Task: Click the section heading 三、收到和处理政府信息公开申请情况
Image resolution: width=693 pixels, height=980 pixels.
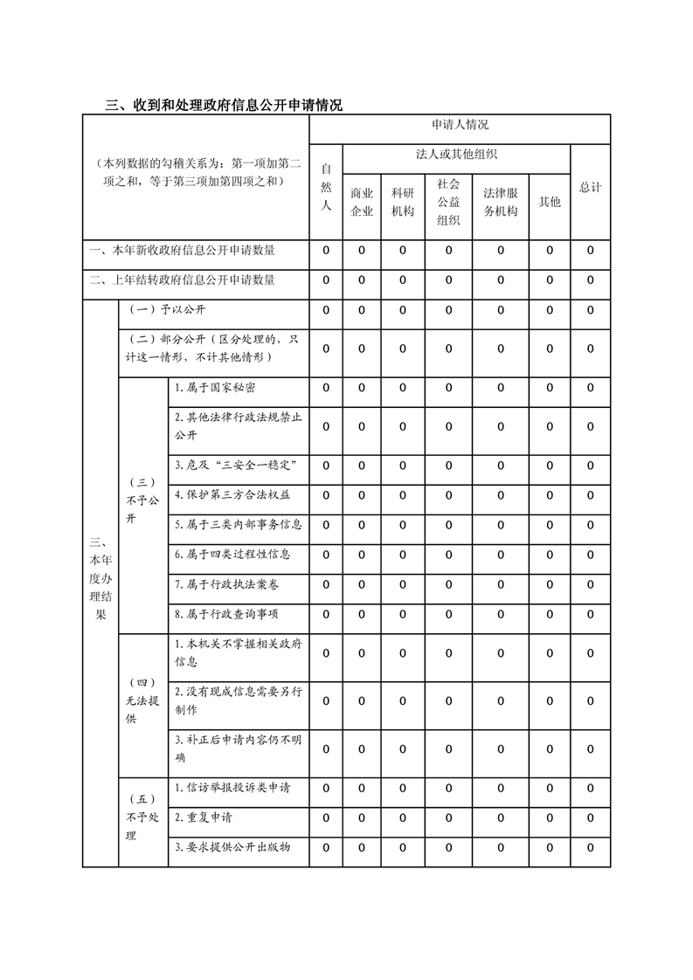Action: [224, 106]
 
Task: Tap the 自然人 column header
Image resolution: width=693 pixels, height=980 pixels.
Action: [326, 187]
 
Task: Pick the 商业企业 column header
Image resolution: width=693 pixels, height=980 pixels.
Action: [362, 202]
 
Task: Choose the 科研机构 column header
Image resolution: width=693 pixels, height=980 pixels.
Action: [403, 202]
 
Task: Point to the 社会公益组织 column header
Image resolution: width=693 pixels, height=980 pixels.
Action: [448, 202]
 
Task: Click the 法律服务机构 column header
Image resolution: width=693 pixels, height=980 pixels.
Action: [501, 202]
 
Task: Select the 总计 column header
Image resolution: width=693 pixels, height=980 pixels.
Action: [591, 188]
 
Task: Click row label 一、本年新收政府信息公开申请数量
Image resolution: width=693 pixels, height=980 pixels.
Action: [183, 252]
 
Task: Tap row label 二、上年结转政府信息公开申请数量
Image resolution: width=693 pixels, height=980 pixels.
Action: [183, 280]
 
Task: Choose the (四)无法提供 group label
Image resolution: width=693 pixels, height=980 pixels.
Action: [143, 700]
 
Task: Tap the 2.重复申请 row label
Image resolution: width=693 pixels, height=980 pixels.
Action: [204, 818]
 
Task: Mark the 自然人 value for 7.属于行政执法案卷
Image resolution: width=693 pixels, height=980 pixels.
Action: [326, 584]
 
